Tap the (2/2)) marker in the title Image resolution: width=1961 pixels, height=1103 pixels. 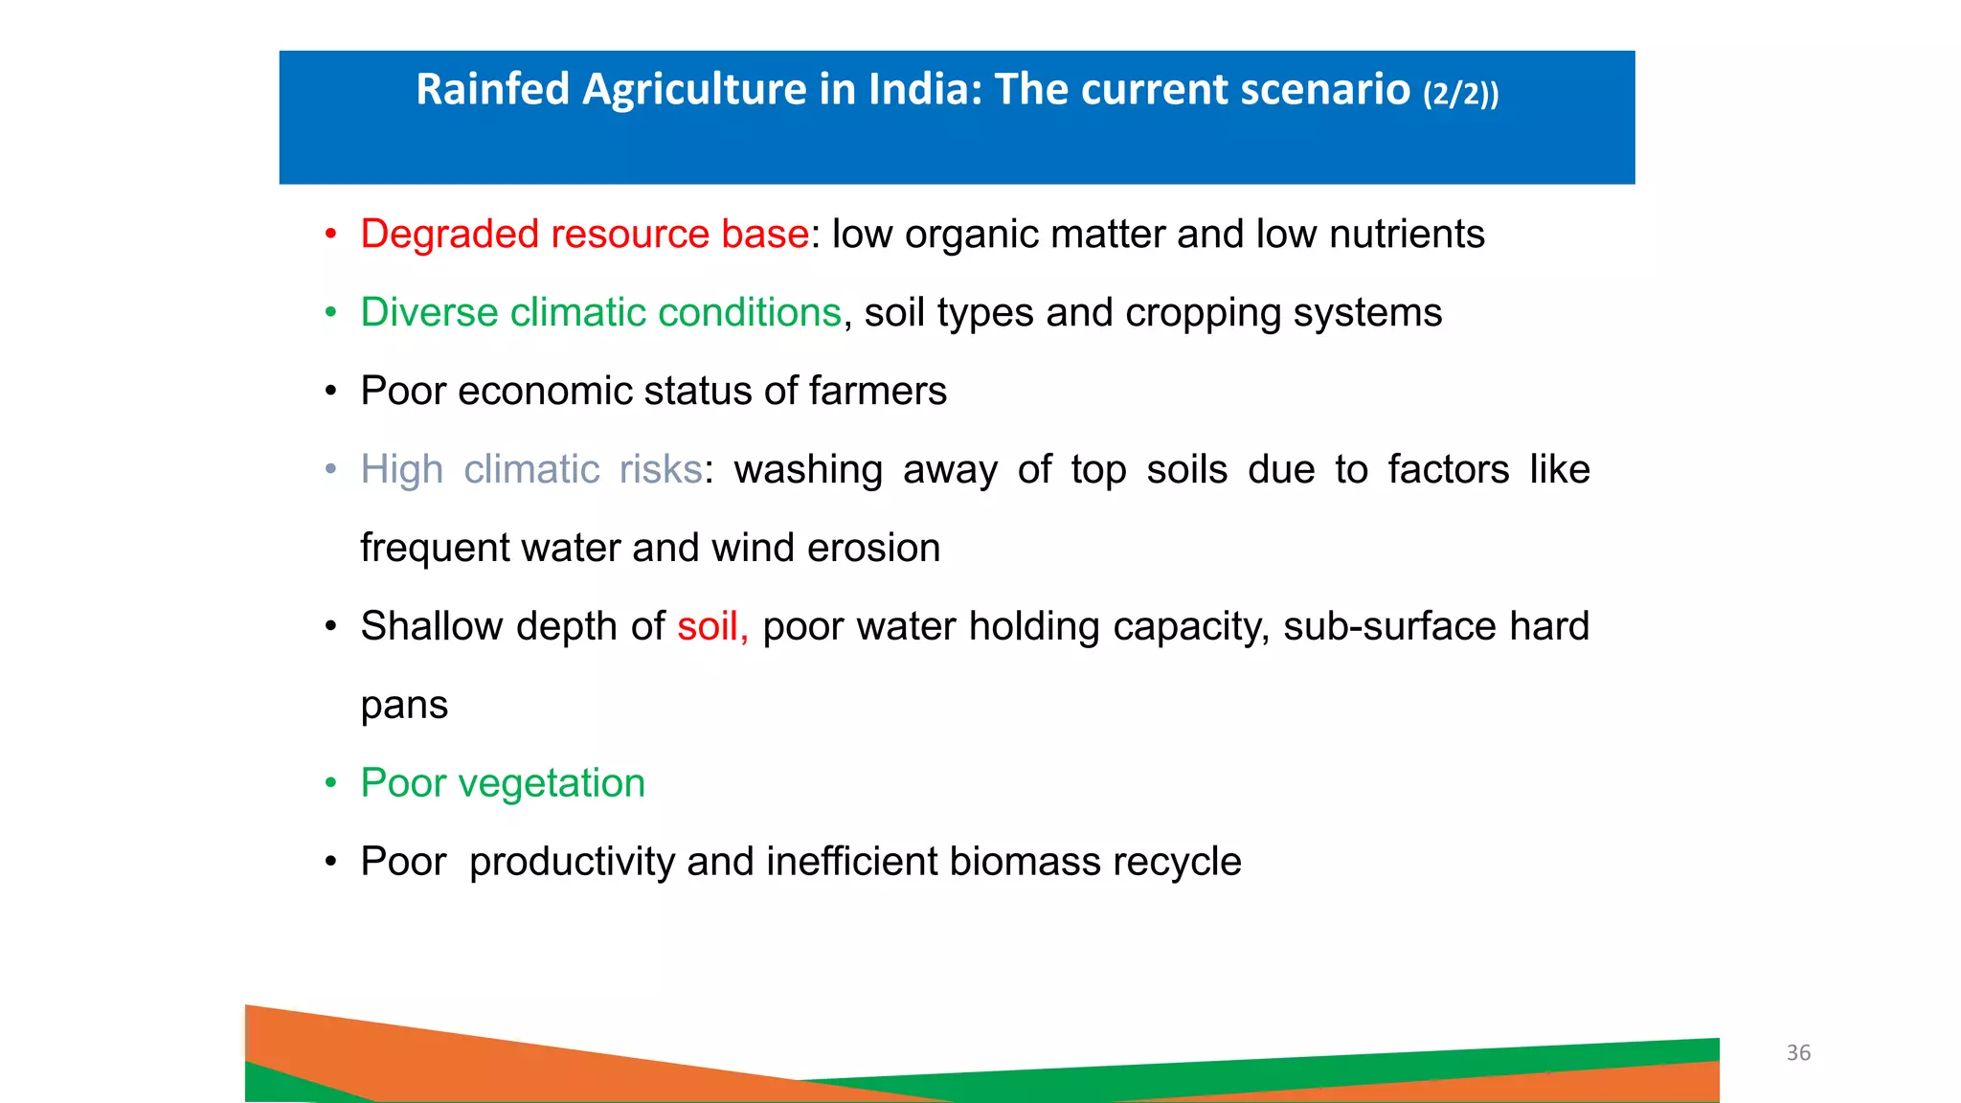coord(1460,94)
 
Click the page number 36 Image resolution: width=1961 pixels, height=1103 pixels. coord(1798,1053)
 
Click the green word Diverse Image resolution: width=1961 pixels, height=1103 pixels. coord(429,314)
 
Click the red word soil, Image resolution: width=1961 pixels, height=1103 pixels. coord(711,627)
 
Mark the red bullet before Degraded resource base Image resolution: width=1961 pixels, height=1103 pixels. coord(330,235)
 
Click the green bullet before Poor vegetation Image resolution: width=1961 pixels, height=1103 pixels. coord(330,783)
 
